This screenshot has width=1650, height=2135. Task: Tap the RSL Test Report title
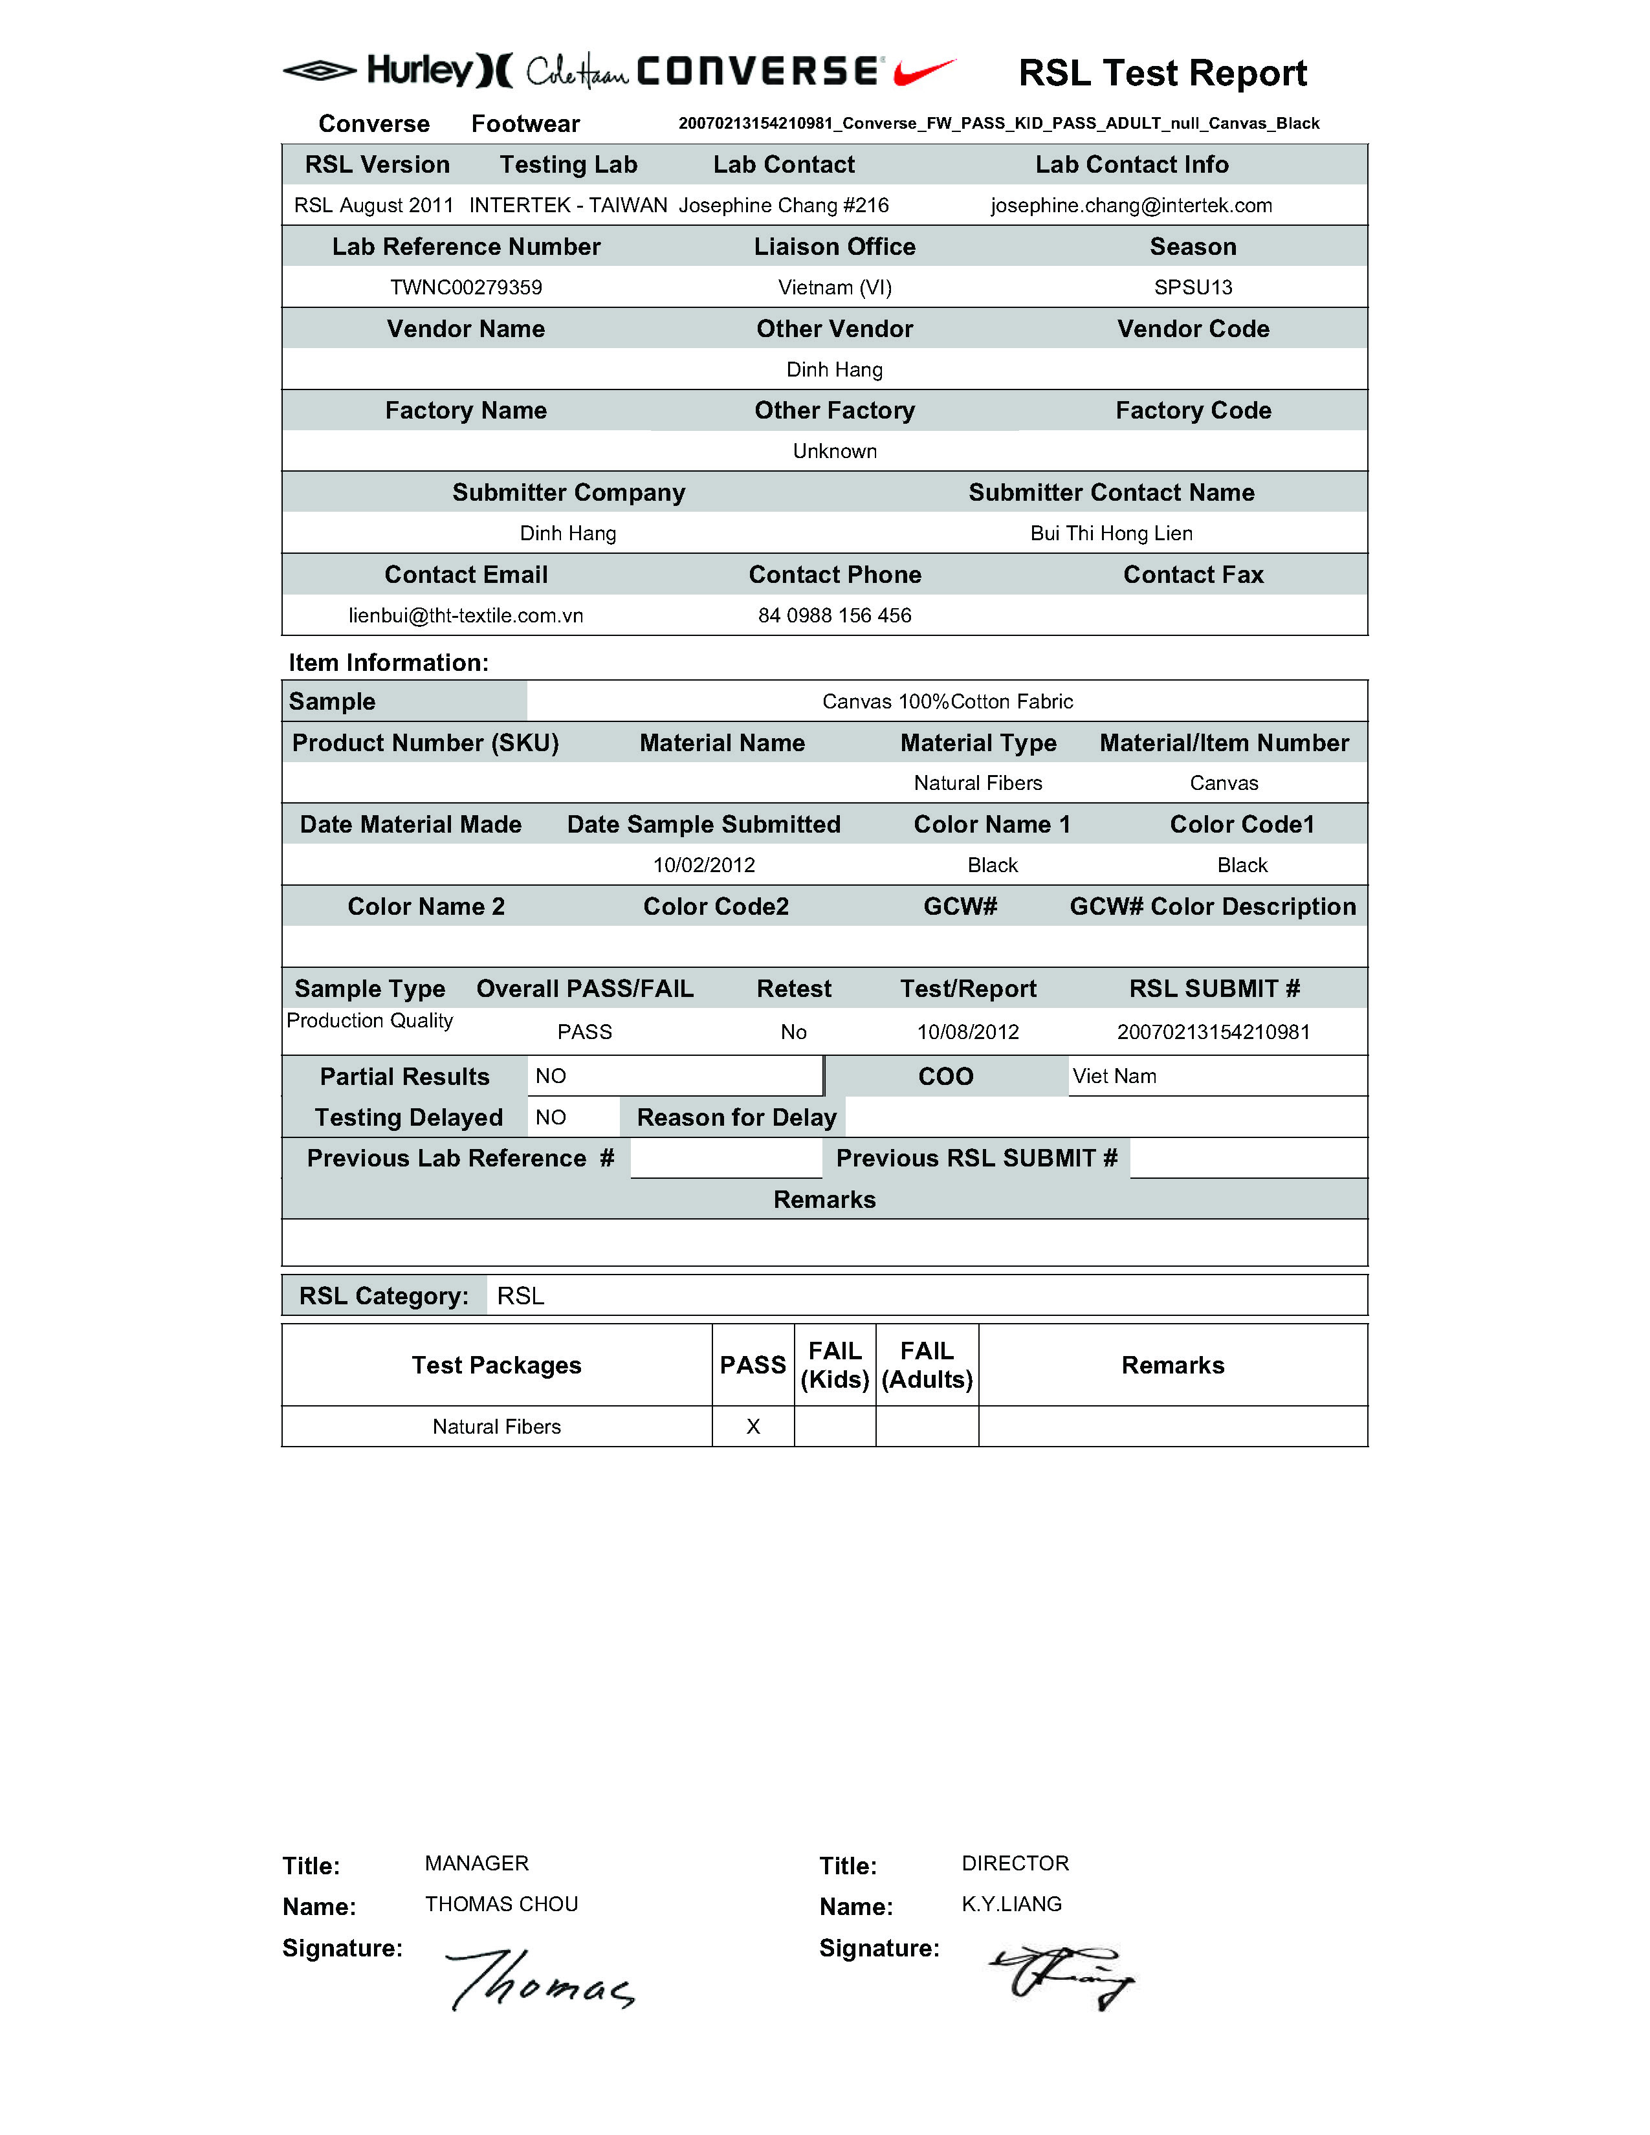tap(1162, 73)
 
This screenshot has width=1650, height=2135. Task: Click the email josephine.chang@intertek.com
tap(1131, 205)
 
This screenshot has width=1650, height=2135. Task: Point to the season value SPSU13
tap(1193, 287)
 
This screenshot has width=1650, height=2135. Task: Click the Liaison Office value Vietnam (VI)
tap(835, 287)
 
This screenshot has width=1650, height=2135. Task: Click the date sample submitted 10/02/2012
tap(704, 865)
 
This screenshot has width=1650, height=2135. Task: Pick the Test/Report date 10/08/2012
tap(968, 1033)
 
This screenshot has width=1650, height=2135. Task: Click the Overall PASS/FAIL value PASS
tap(584, 1033)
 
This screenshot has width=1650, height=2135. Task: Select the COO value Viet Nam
tap(1114, 1077)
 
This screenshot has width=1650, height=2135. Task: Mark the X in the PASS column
tap(753, 1427)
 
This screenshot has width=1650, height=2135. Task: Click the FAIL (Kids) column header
tap(835, 1364)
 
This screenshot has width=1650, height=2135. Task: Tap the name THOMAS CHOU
tap(501, 1904)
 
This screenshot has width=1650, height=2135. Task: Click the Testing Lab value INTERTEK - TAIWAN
tap(568, 205)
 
